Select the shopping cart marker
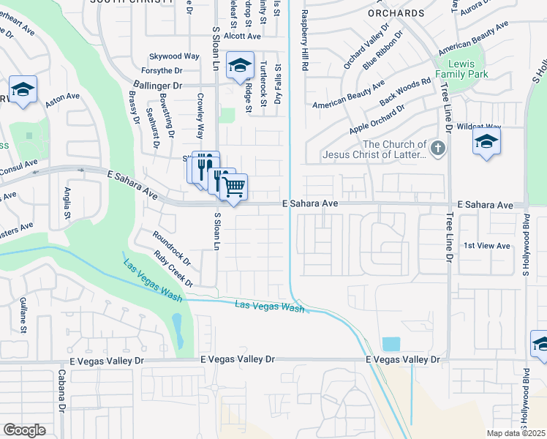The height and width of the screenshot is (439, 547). (234, 187)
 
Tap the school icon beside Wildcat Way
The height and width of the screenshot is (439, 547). (486, 142)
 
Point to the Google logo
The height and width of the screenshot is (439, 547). (24, 429)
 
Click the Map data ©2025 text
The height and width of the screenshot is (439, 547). (515, 433)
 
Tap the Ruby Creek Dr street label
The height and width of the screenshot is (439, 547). (173, 269)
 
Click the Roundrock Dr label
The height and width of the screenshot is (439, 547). (171, 248)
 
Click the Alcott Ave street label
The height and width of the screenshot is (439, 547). (243, 36)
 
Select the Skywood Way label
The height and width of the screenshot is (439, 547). (174, 56)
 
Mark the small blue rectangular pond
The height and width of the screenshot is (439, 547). (391, 344)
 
